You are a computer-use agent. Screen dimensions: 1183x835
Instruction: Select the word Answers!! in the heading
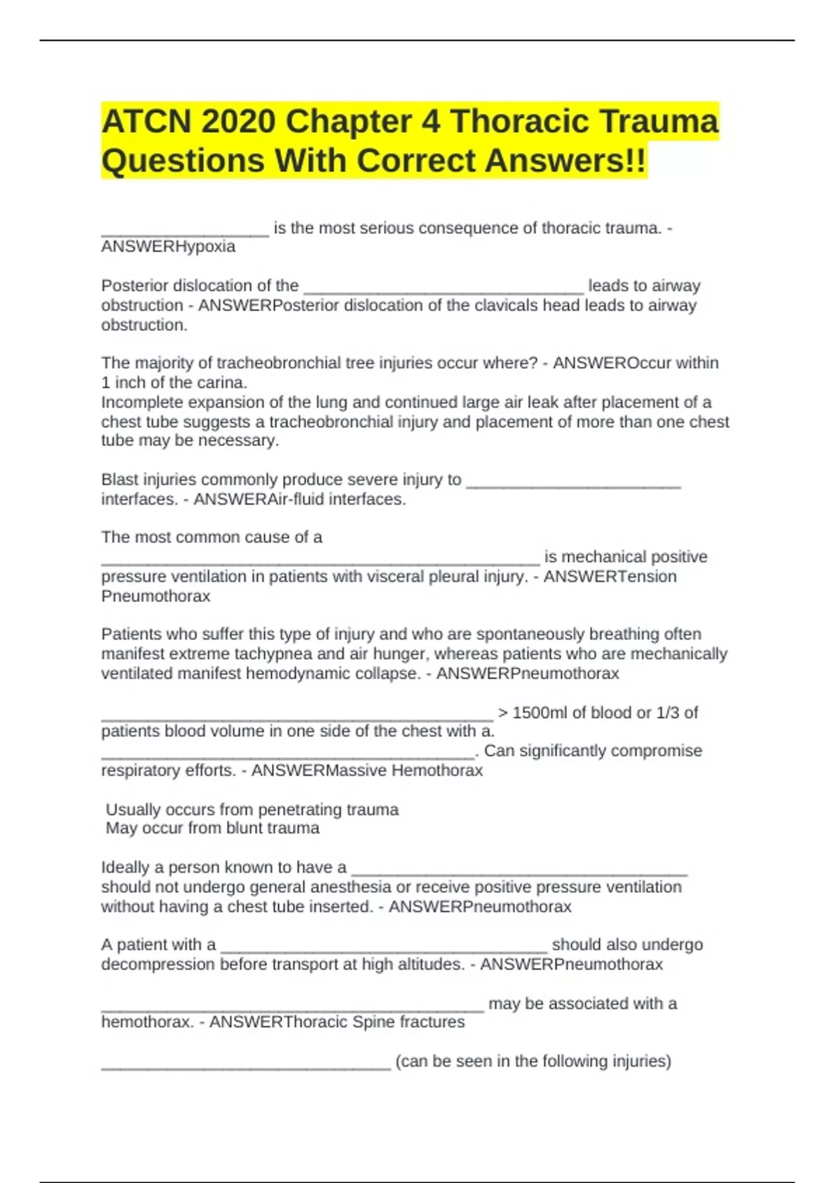pos(565,161)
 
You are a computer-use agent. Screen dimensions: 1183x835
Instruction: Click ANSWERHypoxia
pos(168,247)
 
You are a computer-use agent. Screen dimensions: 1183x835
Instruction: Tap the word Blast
pos(120,479)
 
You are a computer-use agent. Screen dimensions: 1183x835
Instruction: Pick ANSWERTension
pos(610,577)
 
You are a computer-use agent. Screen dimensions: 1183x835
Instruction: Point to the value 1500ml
pos(540,713)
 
